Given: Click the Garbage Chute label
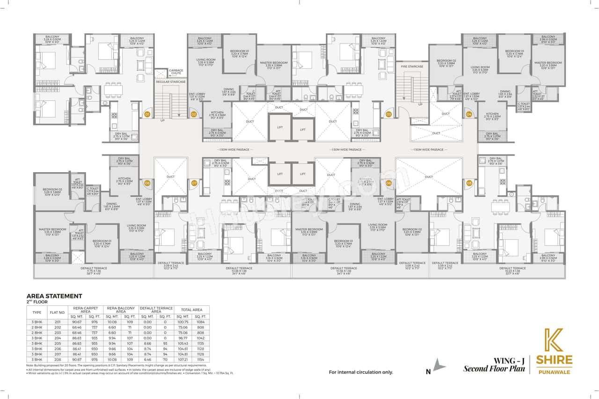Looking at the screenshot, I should [x=176, y=72].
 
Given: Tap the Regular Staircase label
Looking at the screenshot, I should [x=171, y=82].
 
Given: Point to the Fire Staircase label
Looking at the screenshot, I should [x=412, y=67].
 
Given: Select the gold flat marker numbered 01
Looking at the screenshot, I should [x=147, y=114].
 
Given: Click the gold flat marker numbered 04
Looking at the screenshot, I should [x=469, y=114].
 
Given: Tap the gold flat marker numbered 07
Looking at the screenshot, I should [x=194, y=183].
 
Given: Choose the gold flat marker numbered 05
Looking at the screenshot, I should [x=469, y=183].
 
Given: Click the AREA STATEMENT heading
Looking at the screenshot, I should [x=54, y=296].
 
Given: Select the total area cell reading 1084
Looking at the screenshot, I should [x=201, y=322].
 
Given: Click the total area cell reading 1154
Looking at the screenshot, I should [x=201, y=360].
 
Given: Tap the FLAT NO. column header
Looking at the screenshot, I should [x=58, y=312].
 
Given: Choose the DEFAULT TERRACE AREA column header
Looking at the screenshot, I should [x=157, y=309].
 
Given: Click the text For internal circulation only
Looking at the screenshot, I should [x=361, y=372].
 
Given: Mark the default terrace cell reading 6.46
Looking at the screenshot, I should [x=148, y=360].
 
